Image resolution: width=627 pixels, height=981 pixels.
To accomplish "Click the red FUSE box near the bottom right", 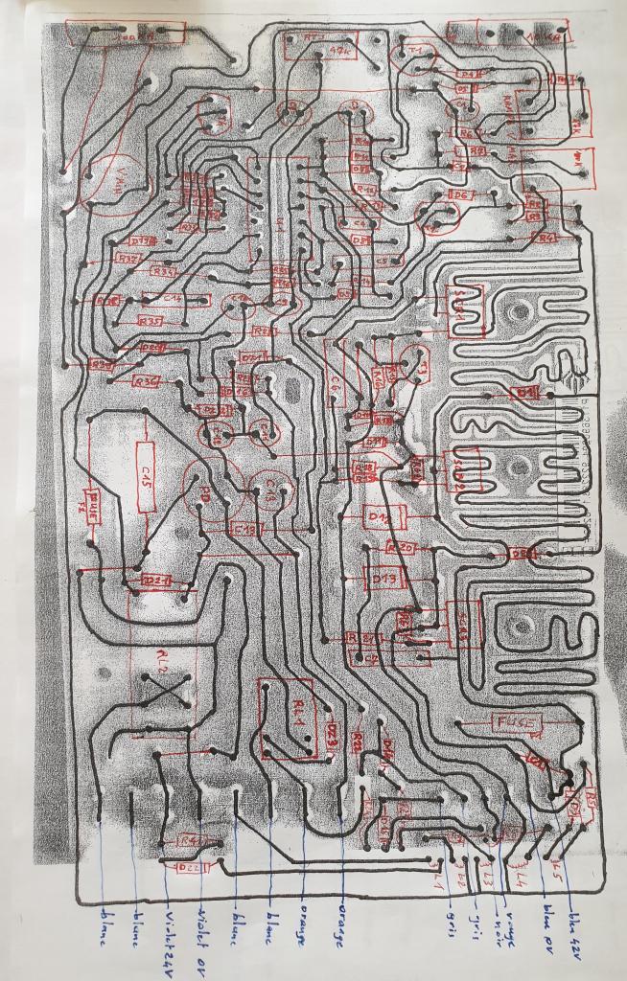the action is click(515, 721).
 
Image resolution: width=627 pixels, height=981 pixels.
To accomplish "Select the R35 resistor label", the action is click(151, 320).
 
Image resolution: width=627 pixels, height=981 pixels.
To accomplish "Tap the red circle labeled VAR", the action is click(113, 182).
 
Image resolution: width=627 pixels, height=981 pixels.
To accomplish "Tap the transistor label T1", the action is click(416, 52).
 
